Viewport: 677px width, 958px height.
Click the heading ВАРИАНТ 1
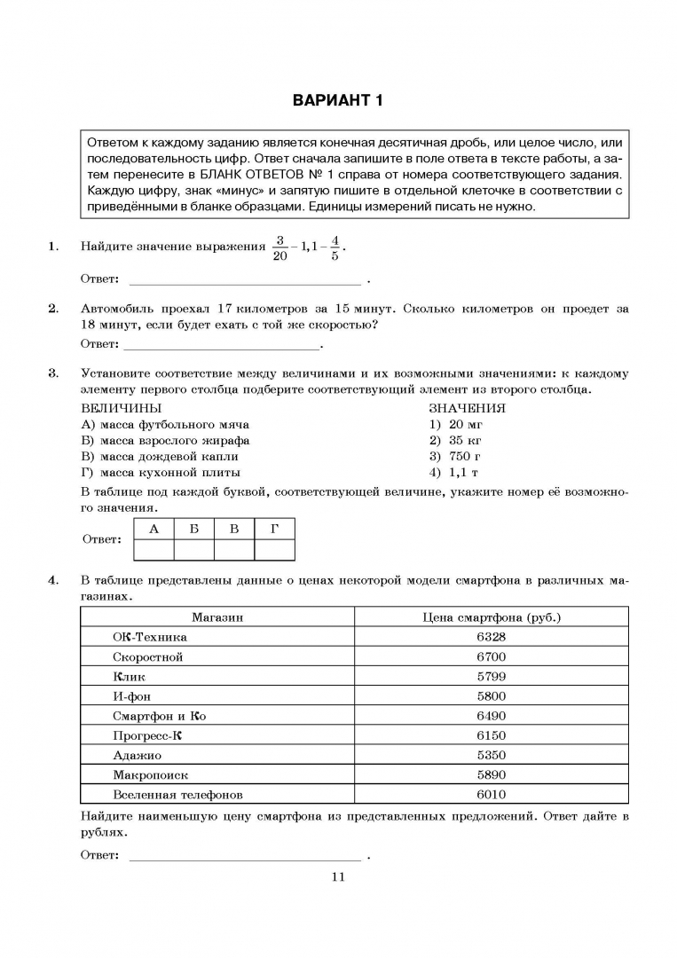pos(338,101)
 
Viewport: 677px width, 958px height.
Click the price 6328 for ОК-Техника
pos(491,637)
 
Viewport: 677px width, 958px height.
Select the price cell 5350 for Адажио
pos(491,755)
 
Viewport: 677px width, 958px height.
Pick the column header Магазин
pos(217,616)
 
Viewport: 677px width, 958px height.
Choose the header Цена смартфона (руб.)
pos(492,616)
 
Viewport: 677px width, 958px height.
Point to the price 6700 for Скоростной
pos(491,656)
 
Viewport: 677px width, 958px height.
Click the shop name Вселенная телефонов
pos(177,795)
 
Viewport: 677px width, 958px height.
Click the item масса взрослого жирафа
pos(165,440)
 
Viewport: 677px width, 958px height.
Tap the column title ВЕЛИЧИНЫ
pos(121,408)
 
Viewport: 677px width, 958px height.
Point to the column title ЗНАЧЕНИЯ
pos(468,408)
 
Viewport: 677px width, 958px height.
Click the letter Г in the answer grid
pos(275,529)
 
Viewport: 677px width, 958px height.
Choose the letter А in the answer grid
pos(154,529)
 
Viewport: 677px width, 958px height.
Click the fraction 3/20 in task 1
pos(280,247)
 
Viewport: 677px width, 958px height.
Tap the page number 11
pos(337,877)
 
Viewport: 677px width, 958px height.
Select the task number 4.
pos(53,581)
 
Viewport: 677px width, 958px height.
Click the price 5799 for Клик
pos(491,676)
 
